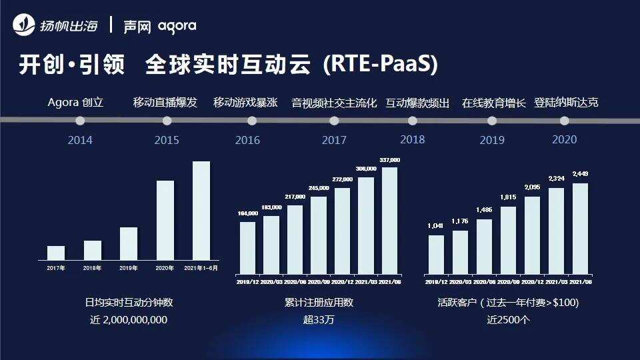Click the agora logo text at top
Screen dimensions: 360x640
[x=177, y=27]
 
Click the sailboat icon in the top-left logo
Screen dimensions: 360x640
[x=25, y=26]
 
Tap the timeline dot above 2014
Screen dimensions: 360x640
[x=80, y=121]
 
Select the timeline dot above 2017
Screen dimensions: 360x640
[x=334, y=121]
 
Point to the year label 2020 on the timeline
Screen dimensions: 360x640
[x=564, y=139]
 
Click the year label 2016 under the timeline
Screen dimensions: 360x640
[x=247, y=140]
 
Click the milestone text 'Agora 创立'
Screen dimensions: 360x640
[x=75, y=103]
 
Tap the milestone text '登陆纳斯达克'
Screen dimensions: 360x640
[x=566, y=103]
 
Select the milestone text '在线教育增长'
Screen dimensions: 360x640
[x=494, y=103]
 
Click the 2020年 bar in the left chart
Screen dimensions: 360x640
[x=165, y=220]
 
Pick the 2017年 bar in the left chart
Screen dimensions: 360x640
[x=56, y=253]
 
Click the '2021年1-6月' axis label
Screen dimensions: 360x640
[x=201, y=268]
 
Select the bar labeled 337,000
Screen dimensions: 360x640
[x=389, y=220]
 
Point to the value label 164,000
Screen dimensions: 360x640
[x=247, y=213]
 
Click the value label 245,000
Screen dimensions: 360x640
[x=319, y=188]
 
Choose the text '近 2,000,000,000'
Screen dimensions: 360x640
[x=129, y=319]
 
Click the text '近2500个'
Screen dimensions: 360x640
[x=507, y=319]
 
